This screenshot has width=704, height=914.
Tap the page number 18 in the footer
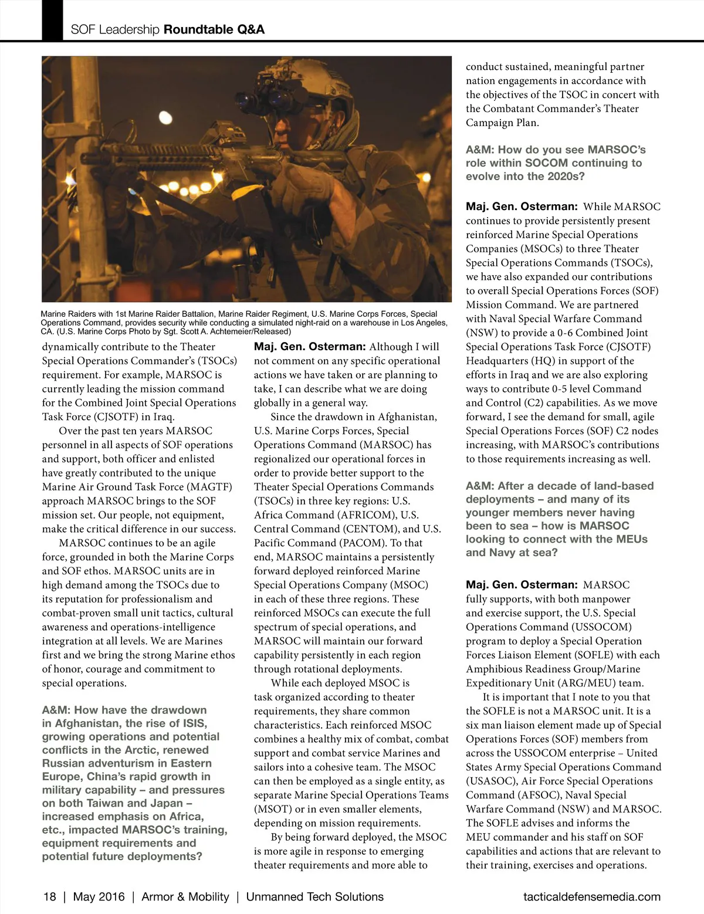[x=50, y=896]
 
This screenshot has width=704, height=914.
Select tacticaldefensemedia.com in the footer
[x=591, y=896]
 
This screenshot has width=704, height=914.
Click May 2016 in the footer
[x=99, y=896]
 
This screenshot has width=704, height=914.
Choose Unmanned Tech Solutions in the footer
[x=314, y=896]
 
